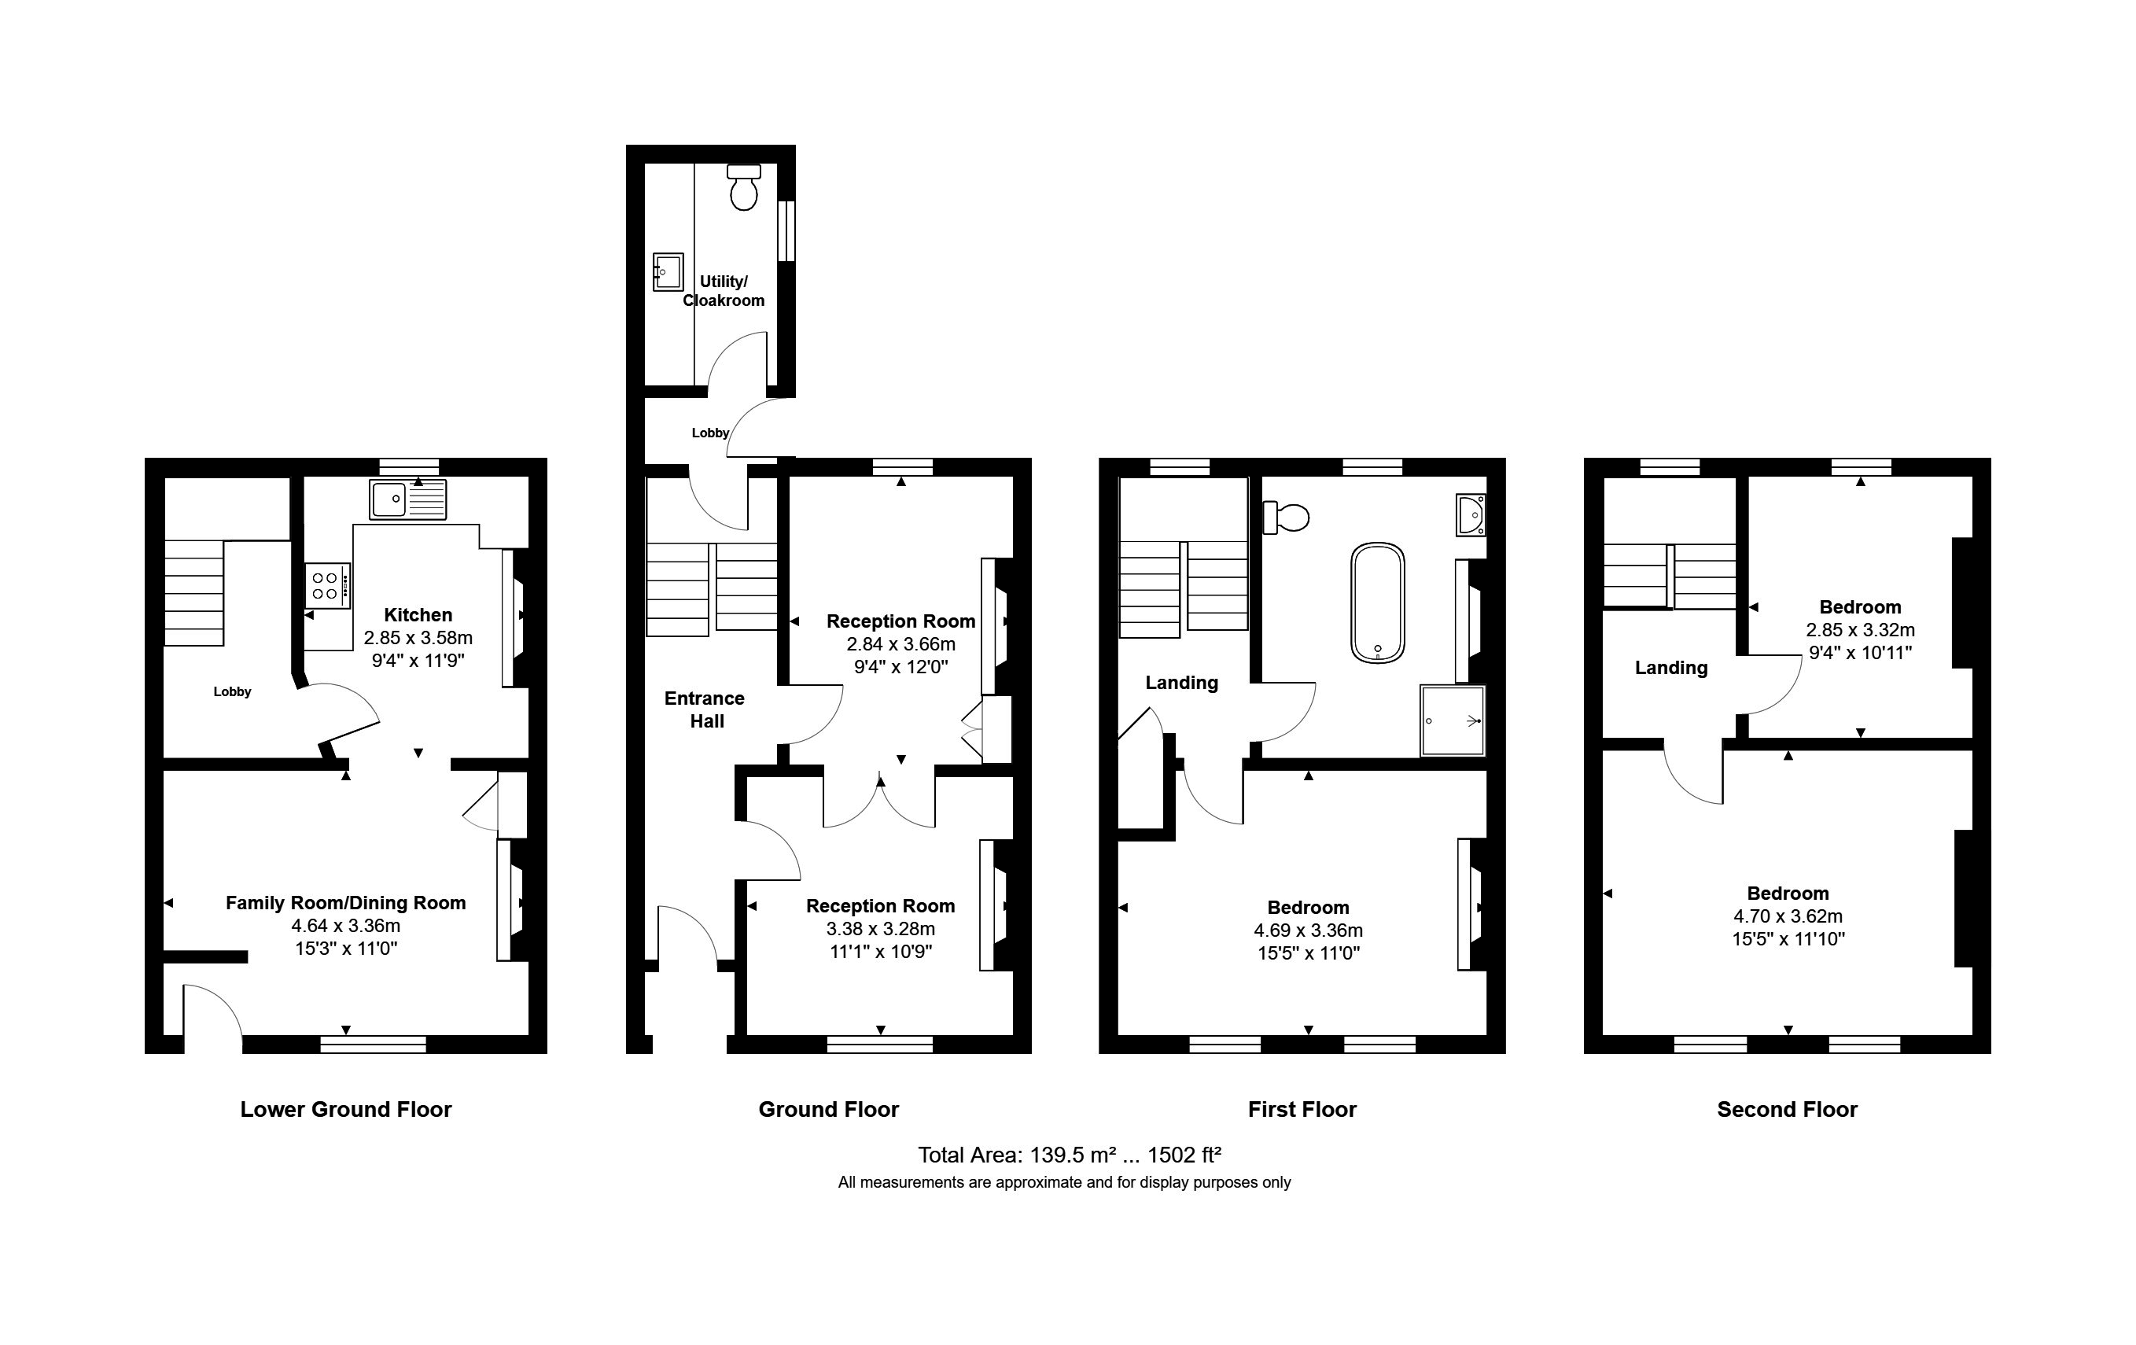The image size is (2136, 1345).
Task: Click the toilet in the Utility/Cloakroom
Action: coord(743,187)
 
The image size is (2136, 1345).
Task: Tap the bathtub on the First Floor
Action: coord(1378,603)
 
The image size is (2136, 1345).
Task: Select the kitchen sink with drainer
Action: coord(409,499)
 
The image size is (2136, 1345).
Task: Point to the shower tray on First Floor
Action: coord(1452,720)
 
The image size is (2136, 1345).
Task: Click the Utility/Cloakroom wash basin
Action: coord(668,271)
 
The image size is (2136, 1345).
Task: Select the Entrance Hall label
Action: coord(705,709)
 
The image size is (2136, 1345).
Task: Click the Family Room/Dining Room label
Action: coord(346,903)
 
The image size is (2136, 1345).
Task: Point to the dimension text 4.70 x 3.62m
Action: coord(1788,916)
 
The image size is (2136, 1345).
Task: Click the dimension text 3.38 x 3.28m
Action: coord(880,929)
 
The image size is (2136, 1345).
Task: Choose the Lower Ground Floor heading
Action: coord(346,1109)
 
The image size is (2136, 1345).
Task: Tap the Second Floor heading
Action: coord(1787,1109)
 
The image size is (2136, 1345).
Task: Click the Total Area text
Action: coord(1069,1155)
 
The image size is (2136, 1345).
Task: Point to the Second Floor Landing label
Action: coord(1670,668)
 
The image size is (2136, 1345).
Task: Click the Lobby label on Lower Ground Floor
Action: coord(233,692)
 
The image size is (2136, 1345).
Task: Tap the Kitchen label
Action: coord(418,615)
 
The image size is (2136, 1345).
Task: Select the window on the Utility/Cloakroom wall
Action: coord(786,230)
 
